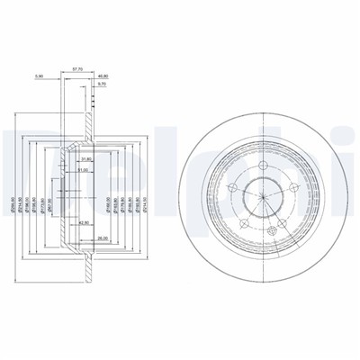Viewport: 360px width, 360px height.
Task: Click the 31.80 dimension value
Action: (x=87, y=160)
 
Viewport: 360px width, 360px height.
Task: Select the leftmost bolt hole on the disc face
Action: (x=232, y=187)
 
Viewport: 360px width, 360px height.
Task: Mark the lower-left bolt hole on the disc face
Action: (x=243, y=219)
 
